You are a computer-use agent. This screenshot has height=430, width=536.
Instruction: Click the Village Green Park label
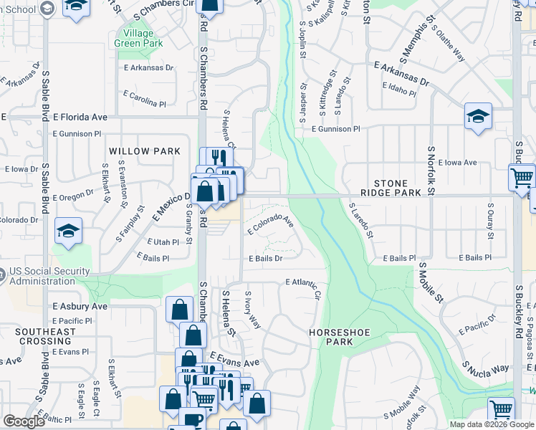point(138,38)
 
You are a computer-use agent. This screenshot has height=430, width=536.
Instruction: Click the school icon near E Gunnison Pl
point(478,117)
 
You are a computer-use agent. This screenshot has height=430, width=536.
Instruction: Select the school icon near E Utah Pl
point(69,231)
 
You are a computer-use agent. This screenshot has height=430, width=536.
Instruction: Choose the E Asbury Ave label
point(80,306)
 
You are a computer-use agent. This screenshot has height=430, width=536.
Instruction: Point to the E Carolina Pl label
point(144,98)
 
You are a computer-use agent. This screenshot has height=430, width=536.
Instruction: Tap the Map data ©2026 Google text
point(491,424)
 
